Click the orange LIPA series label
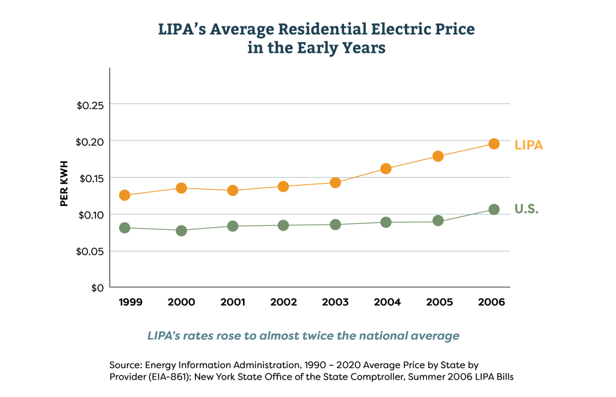click(x=528, y=145)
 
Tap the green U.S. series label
click(x=526, y=209)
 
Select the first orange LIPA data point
click(x=125, y=195)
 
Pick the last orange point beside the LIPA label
click(x=494, y=144)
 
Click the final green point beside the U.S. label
click(x=494, y=209)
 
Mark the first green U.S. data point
click(x=125, y=228)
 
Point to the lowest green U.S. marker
click(x=181, y=230)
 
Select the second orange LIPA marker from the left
click(x=181, y=188)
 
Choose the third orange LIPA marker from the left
click(x=233, y=190)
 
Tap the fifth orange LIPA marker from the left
click(x=336, y=183)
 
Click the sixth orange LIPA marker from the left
click(x=386, y=169)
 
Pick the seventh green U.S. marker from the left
click(x=438, y=221)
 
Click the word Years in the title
click(x=363, y=49)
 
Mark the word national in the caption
click(x=383, y=336)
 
